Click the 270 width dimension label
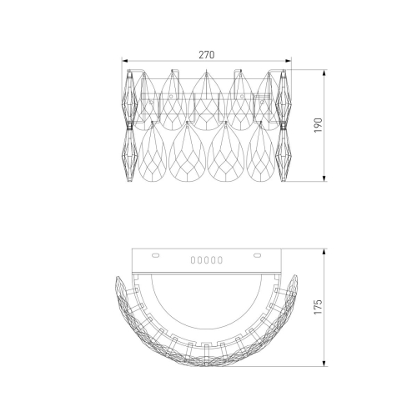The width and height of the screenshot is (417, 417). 207,55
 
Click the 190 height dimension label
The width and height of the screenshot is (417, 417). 319,125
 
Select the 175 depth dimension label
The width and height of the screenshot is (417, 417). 319,307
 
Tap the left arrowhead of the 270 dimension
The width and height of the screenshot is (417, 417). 124,61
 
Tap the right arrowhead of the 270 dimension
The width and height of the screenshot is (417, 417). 289,61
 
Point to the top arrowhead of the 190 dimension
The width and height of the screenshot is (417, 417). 324,73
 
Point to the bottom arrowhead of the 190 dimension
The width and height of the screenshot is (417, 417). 324,178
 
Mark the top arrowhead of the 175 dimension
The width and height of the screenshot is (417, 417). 324,252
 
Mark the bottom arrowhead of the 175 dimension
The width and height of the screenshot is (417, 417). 324,364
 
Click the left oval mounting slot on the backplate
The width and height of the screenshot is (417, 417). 155,255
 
